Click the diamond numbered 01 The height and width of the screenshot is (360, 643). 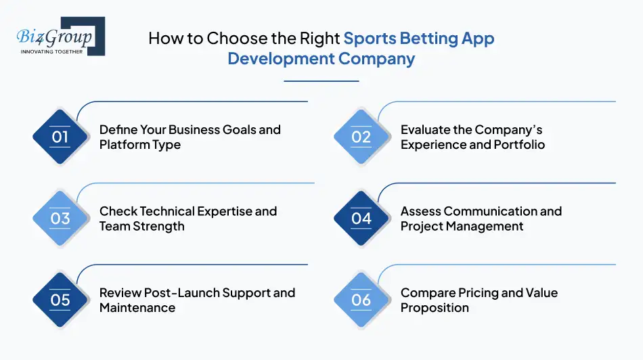coord(60,137)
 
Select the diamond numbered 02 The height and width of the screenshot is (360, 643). coord(361,137)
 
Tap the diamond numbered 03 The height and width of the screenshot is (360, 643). coord(60,219)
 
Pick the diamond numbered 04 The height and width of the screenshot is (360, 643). coord(361,219)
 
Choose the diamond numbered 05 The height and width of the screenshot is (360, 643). coord(60,300)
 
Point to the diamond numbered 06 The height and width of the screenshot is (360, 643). coord(361,300)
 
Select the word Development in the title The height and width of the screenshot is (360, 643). coord(281,59)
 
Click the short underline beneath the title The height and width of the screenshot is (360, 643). coord(321,81)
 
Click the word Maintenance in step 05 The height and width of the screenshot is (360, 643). coord(137,308)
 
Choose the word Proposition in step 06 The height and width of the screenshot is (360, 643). coord(435,308)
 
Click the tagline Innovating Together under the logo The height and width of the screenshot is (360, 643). coord(52,51)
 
